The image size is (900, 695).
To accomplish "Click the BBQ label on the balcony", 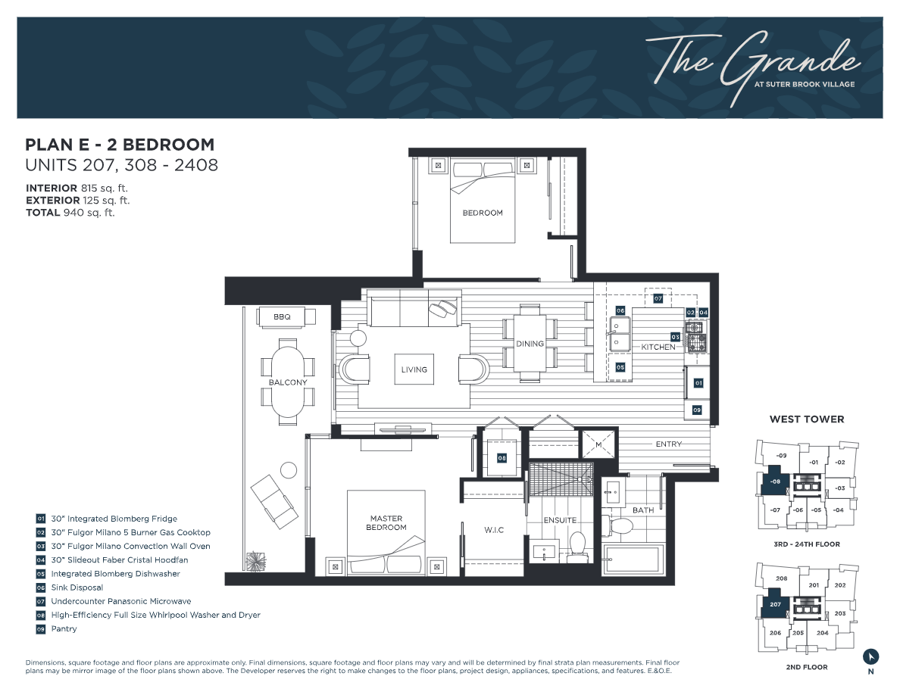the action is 282,316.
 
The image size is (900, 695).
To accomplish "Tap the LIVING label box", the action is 414,370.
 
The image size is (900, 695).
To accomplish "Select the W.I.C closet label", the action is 494,530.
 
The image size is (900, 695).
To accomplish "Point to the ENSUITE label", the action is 560,520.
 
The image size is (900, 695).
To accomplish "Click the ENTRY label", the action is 669,444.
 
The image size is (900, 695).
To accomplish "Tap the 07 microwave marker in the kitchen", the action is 658,298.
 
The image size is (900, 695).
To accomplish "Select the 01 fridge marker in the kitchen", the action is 698,382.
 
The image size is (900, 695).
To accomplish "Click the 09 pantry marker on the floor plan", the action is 697,410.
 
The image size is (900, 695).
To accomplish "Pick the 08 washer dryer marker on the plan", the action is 502,458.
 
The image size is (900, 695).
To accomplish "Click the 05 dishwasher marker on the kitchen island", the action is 620,367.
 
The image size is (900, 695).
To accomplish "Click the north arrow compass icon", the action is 870,656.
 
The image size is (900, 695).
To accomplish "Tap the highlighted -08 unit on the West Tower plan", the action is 775,481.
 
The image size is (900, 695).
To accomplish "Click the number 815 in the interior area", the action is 89,188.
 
